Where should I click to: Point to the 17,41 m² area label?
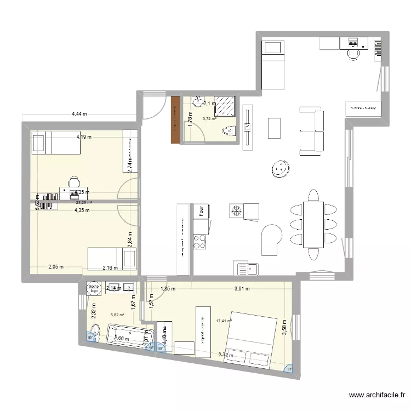tap(224, 321)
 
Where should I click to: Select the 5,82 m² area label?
tap(118, 315)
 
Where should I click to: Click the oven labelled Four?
tap(201, 211)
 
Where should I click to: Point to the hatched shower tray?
tap(225, 105)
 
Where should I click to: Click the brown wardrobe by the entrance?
tap(175, 119)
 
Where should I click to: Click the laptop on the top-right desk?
tap(351, 42)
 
